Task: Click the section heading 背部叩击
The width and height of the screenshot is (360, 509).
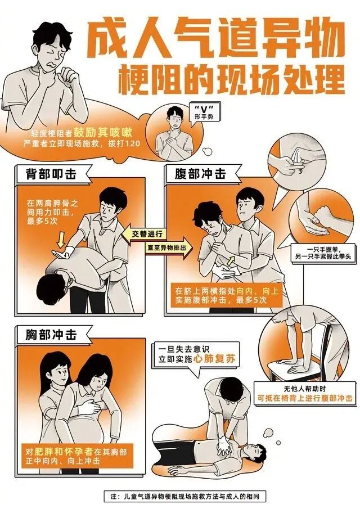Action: tap(49, 174)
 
